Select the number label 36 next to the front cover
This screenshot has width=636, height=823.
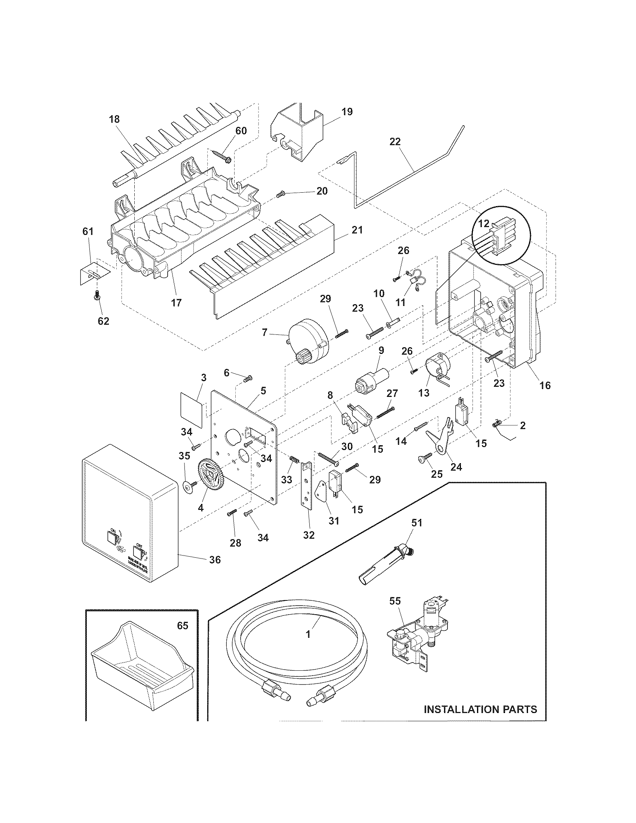tap(215, 570)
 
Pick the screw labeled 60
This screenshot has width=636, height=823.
tap(222, 156)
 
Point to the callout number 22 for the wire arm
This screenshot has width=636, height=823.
tap(395, 142)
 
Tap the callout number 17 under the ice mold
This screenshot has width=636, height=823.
tap(176, 302)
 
